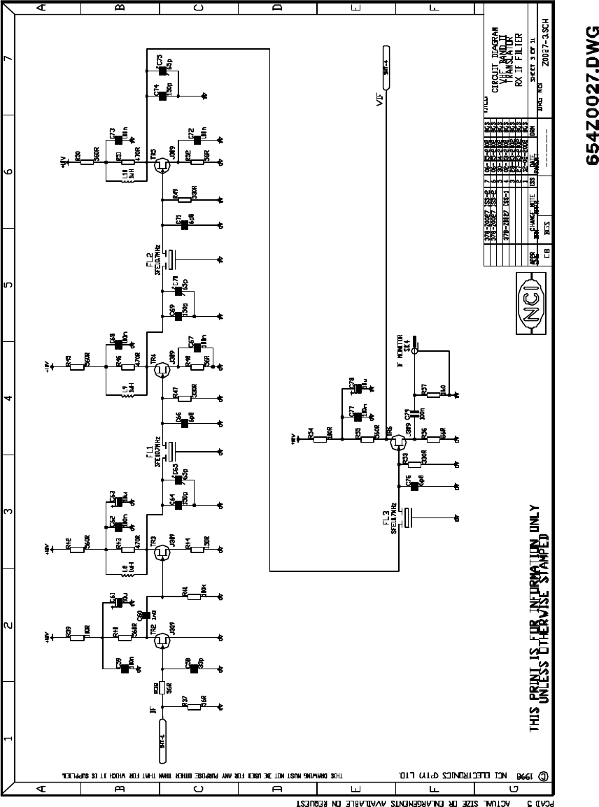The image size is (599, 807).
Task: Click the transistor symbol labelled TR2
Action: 162,639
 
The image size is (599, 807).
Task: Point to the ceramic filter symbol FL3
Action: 409,518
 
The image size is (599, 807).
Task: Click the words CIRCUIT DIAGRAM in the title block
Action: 495,60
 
